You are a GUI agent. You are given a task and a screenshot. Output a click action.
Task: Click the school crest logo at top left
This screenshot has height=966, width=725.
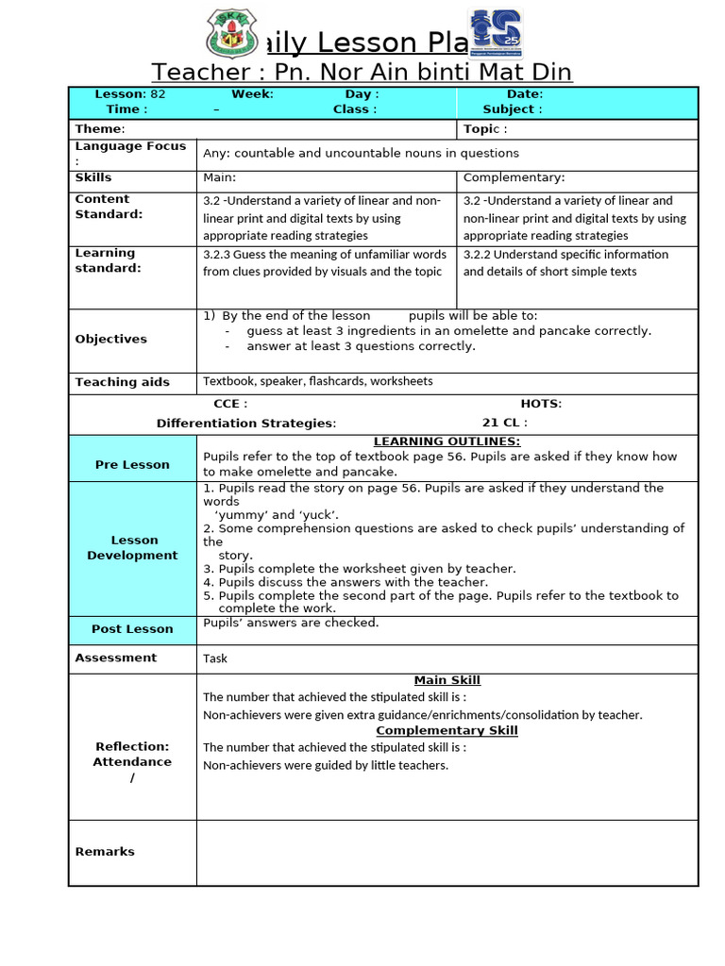230,35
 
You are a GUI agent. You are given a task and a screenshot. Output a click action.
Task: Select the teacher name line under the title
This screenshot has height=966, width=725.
362,73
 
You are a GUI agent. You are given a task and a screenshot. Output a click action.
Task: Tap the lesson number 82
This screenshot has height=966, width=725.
158,94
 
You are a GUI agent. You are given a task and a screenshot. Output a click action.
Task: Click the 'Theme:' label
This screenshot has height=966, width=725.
100,129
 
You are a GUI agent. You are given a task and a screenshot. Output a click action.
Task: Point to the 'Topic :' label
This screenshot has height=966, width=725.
485,129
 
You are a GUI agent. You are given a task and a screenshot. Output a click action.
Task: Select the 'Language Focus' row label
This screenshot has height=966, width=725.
130,147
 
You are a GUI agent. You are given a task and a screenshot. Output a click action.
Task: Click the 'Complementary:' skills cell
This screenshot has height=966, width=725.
514,177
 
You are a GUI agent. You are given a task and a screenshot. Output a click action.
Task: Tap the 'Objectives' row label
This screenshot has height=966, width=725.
111,339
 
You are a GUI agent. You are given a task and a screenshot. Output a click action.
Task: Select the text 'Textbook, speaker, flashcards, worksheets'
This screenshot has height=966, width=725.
318,381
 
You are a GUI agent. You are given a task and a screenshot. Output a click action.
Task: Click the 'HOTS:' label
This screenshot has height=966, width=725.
541,404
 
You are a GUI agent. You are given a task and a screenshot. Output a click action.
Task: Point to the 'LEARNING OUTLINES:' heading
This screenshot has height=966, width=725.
447,441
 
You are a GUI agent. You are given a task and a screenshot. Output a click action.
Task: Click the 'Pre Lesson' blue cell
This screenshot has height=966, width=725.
132,464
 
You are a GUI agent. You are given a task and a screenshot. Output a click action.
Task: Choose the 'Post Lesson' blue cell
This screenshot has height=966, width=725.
132,629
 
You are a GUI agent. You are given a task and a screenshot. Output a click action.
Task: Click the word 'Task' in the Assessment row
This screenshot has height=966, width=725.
215,658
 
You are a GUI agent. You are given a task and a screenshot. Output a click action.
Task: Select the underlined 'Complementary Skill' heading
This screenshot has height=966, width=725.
447,730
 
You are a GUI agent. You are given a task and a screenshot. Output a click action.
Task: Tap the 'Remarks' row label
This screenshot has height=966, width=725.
105,852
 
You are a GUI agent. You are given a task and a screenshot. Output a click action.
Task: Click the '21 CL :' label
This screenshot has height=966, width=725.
505,424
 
